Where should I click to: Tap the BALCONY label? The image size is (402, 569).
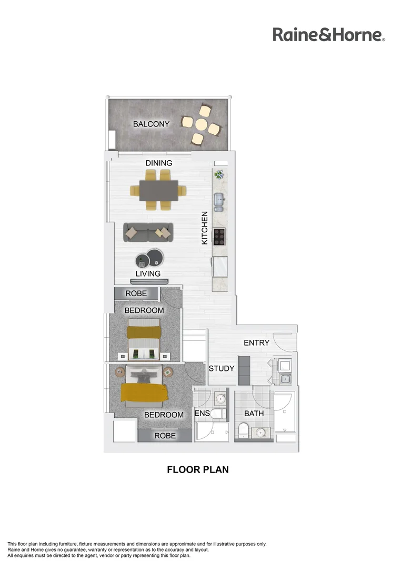tap(151, 124)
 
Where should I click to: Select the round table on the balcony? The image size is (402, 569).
tap(201, 125)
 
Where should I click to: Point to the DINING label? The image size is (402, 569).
tap(159, 163)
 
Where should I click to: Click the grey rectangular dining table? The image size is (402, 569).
tap(158, 190)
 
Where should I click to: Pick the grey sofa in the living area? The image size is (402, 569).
tap(148, 231)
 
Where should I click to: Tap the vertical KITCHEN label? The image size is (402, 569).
tap(205, 228)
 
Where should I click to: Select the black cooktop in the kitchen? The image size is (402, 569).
tap(219, 237)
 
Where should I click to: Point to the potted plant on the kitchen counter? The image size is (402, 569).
tap(219, 174)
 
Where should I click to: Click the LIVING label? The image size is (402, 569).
tap(148, 273)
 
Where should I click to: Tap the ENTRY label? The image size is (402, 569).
tap(256, 342)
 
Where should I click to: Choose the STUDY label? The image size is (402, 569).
tap(221, 368)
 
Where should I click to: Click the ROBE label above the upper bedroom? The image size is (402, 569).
tap(136, 293)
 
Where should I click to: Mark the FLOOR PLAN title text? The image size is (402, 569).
tap(198, 469)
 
